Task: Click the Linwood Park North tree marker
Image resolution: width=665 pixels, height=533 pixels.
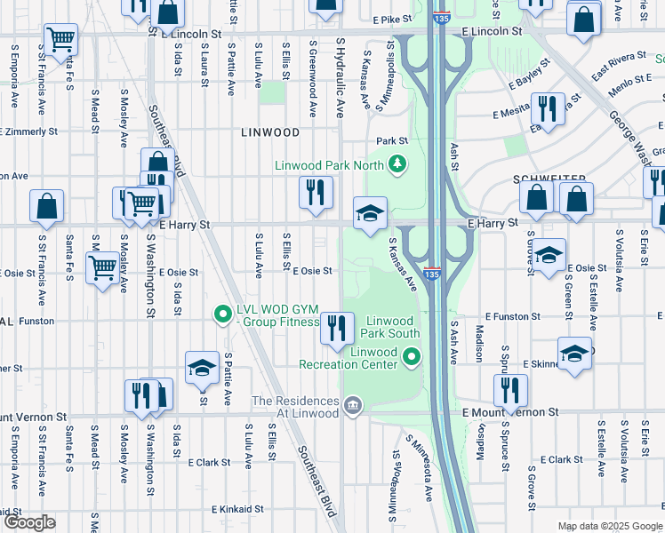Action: [397, 164]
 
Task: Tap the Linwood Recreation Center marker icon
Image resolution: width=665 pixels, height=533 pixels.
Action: [411, 358]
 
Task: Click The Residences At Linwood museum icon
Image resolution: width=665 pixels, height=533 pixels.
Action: [353, 408]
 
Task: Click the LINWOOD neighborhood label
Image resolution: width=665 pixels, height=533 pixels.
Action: [270, 132]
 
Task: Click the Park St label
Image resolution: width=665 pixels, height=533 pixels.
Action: [391, 140]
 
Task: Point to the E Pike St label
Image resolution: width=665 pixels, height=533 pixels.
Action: [393, 18]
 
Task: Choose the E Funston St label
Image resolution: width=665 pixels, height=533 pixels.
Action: [519, 317]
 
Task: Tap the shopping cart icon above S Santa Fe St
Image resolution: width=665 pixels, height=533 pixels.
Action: [60, 39]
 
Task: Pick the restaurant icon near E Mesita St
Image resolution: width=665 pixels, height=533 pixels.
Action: [547, 110]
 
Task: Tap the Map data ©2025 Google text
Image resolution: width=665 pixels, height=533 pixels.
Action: [609, 526]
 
